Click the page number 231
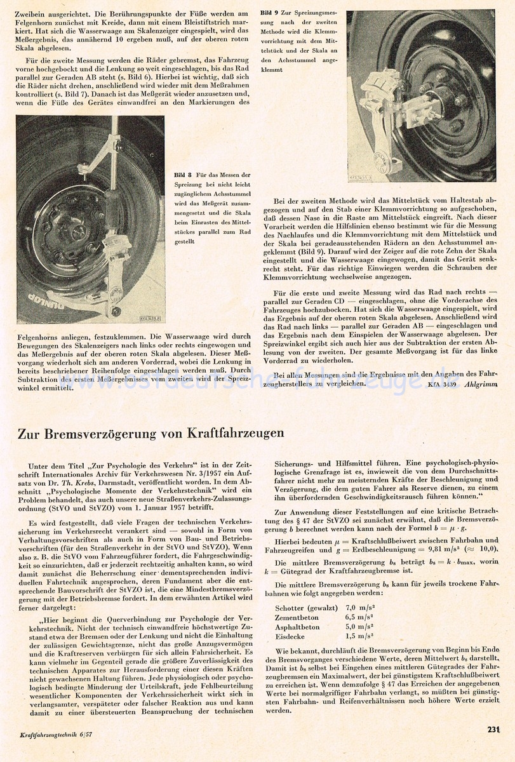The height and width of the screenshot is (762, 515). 494,729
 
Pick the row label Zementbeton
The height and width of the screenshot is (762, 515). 297,617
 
